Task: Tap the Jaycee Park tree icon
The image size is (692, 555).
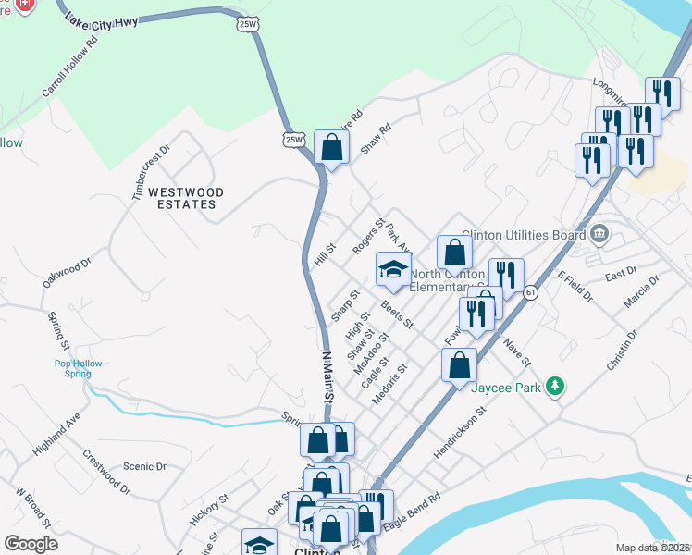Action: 555,386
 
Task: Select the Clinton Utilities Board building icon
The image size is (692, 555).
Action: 600,233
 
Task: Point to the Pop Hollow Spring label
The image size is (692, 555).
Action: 72,368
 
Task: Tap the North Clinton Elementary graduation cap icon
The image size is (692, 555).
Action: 393,270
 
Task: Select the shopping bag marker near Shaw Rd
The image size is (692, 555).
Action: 331,146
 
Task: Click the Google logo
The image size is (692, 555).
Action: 31,544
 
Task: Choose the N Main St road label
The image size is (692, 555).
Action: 326,374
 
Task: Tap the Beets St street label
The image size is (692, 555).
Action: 396,315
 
